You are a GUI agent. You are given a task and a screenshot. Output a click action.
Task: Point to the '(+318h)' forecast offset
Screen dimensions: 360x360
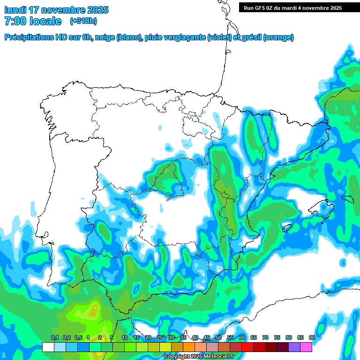(83, 21)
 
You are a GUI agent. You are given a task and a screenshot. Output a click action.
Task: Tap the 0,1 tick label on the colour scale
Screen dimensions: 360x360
(55, 338)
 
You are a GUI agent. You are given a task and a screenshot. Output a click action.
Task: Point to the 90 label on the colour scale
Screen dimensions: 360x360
(312, 338)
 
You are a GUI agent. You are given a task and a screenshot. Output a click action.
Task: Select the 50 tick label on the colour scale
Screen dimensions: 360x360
(218, 338)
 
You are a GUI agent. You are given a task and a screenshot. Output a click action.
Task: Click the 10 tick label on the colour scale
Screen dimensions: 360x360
(125, 338)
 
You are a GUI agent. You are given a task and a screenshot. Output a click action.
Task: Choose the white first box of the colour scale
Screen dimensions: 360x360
(48, 347)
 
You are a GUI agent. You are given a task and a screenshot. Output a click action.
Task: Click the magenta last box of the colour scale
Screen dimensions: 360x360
(306, 347)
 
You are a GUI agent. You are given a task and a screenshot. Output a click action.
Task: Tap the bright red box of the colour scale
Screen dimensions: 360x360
(247, 347)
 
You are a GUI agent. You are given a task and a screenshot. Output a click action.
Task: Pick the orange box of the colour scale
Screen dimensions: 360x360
(189, 347)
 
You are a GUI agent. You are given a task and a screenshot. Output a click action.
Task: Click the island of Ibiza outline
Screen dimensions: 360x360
(285, 228)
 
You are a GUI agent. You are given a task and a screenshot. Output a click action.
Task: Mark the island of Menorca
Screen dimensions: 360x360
(347, 199)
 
